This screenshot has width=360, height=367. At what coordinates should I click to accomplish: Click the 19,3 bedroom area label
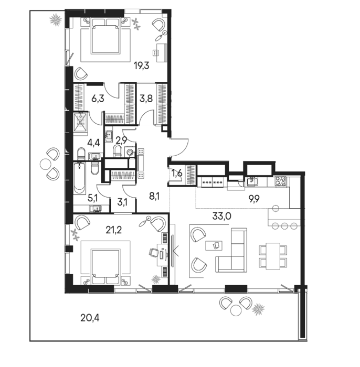point(142,66)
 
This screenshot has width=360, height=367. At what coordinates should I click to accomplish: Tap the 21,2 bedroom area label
point(113,230)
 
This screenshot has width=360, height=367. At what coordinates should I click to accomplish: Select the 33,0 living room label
point(221,217)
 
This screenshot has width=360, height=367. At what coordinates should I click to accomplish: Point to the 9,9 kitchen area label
point(253,199)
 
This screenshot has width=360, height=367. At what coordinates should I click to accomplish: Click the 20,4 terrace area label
point(90,318)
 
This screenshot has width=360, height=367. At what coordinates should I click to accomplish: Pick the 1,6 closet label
point(177,174)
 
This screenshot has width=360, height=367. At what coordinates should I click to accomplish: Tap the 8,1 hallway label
point(154,196)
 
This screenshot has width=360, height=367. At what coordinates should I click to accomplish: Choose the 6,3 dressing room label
point(98,99)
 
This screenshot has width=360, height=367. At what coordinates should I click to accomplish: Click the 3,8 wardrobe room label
point(146,99)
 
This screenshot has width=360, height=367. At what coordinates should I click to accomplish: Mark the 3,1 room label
point(122,202)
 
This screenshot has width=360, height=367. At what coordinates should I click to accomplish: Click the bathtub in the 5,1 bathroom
point(80,178)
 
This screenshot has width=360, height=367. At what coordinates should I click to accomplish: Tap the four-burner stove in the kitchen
point(281,181)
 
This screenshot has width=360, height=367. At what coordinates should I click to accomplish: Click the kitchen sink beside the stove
point(251,181)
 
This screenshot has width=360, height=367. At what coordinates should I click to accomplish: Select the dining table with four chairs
point(273,256)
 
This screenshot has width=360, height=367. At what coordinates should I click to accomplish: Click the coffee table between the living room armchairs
point(214,245)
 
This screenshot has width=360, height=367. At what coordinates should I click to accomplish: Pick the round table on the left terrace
point(45,164)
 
